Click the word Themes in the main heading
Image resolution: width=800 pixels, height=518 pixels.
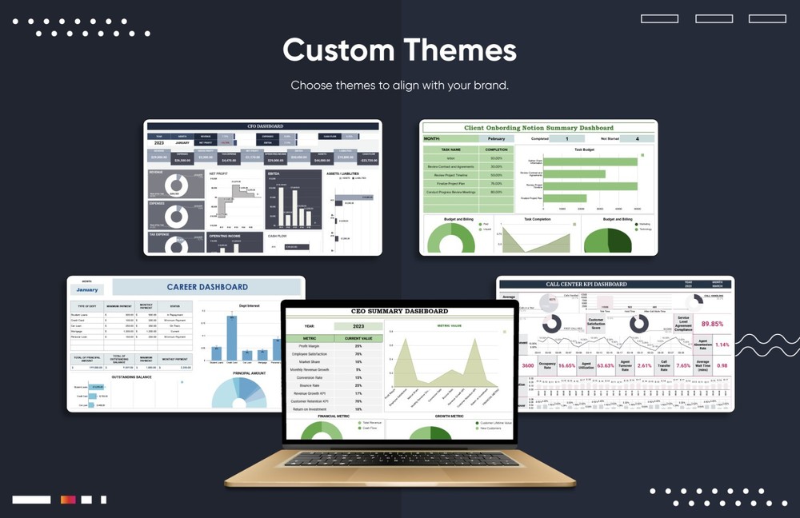pos(459,50)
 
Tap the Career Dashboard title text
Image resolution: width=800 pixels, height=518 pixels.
pos(207,287)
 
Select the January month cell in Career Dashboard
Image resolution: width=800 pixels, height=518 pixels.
pos(87,290)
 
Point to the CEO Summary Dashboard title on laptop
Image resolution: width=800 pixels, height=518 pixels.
pos(399,311)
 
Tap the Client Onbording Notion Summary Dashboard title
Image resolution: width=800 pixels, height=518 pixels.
pos(539,128)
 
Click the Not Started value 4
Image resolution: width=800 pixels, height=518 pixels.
pos(637,138)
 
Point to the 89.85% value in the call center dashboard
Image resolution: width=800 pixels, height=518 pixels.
pos(712,324)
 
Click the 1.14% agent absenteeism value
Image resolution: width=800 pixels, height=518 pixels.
pos(722,345)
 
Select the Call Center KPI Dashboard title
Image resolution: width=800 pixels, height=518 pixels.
pos(586,284)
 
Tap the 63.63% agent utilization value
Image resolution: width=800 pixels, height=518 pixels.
pos(605,365)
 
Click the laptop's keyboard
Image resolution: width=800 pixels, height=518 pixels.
pos(399,459)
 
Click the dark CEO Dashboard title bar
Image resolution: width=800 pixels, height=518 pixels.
pos(262,126)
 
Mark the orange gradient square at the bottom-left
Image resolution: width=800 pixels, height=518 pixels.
pos(68,500)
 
